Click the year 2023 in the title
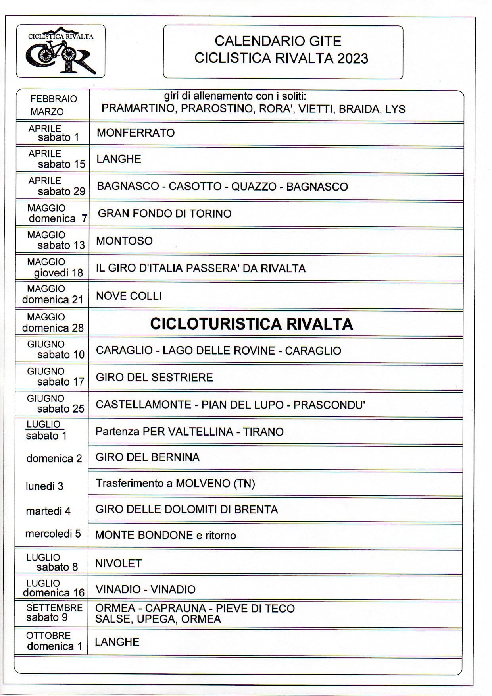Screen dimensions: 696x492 point(352,58)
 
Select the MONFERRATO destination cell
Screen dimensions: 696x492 point(136,133)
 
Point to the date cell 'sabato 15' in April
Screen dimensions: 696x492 point(61,164)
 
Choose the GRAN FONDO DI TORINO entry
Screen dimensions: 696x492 point(165,214)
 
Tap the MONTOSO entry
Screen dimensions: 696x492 point(124,241)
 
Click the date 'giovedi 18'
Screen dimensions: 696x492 point(58,273)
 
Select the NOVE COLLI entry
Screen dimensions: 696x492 point(129,296)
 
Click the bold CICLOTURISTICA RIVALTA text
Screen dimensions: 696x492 point(252,324)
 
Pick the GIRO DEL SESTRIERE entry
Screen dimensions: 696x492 point(154,377)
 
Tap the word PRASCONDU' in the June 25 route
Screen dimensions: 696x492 point(329,405)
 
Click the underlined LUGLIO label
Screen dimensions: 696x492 point(43,424)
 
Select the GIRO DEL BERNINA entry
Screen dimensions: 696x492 point(147,457)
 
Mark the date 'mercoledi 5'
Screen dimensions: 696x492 point(53,534)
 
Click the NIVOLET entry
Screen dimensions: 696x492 point(118,563)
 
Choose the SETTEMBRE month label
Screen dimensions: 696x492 point(54,608)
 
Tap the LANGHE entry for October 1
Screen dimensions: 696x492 point(117,642)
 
